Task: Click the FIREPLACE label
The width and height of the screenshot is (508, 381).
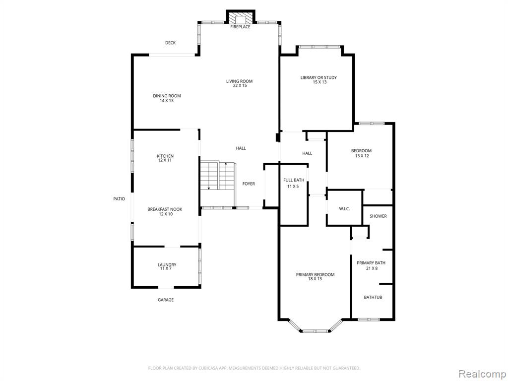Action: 240,27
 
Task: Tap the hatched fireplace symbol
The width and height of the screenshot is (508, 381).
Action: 241,17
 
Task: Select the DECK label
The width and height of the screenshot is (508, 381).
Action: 171,43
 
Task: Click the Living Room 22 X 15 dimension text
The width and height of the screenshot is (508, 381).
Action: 240,86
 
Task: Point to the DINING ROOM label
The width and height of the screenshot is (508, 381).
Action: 167,96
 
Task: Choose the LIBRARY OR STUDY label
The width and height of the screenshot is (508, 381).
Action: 318,77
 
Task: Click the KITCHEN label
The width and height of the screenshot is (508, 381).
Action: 165,156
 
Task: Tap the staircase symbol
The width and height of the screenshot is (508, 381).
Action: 218,176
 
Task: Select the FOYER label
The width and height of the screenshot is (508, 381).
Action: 249,184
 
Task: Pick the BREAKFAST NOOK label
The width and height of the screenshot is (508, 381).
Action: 165,209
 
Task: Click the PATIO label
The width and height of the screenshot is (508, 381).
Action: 119,199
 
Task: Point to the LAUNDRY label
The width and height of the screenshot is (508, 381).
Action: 167,264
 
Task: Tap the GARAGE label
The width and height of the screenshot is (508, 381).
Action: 166,300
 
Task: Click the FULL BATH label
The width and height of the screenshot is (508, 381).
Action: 294,180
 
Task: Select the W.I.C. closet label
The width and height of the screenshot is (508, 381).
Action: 344,209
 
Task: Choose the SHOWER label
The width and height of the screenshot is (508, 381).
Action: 378,216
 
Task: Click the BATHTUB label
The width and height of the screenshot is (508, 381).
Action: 373,297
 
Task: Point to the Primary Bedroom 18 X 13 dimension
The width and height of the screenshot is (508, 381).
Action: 315,279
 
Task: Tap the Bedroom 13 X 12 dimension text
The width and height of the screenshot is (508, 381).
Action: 362,156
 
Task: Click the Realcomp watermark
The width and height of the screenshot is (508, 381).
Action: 481,374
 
